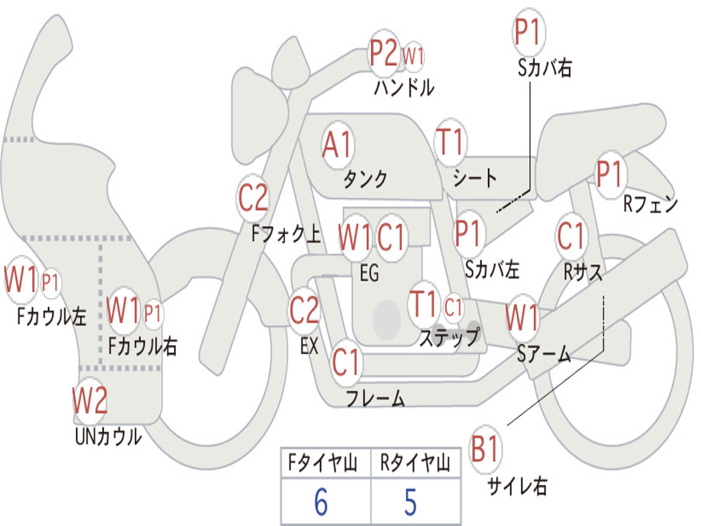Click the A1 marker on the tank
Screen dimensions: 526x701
(x=337, y=146)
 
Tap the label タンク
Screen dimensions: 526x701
(x=365, y=179)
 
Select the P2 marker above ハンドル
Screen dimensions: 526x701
(x=384, y=53)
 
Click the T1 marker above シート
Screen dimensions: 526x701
(x=450, y=143)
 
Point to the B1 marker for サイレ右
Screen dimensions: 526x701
(x=485, y=451)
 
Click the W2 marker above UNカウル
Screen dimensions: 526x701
(x=90, y=401)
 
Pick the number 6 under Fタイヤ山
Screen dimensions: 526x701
(x=320, y=502)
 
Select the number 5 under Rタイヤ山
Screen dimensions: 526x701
(x=410, y=502)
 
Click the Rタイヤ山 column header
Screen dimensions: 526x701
(x=415, y=464)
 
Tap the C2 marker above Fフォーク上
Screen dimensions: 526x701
(x=253, y=198)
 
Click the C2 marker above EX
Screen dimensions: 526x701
(x=304, y=310)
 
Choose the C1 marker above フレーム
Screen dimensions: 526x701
(x=346, y=361)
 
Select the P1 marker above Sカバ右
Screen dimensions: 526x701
(x=528, y=32)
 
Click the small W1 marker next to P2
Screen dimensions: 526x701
(x=413, y=56)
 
